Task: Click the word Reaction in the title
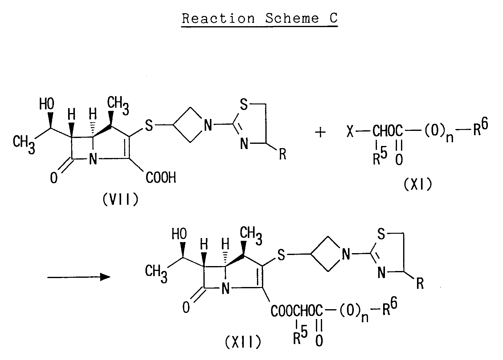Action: tap(218, 18)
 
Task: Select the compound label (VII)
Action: tap(121, 199)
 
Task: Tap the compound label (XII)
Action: tap(243, 342)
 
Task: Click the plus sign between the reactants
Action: tap(321, 132)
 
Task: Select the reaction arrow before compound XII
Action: tap(79, 277)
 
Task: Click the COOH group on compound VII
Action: tap(161, 178)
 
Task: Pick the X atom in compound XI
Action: tap(350, 131)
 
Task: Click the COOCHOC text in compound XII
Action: tap(296, 311)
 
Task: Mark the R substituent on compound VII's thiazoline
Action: tap(283, 154)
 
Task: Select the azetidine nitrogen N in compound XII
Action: tap(346, 254)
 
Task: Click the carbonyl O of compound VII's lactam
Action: tap(54, 178)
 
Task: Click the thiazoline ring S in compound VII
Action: tap(244, 104)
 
